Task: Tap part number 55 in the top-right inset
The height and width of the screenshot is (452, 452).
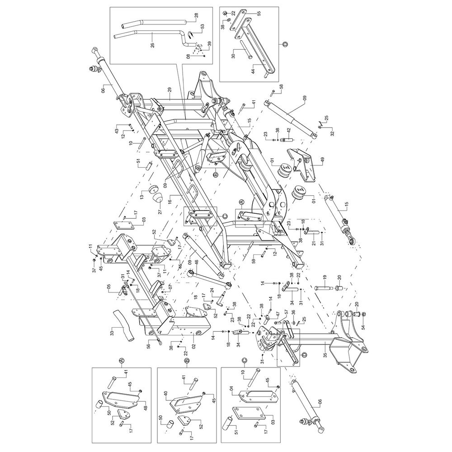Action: tap(259, 14)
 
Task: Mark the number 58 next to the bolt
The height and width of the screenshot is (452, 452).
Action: tap(281, 86)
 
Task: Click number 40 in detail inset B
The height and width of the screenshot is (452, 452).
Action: tap(166, 393)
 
